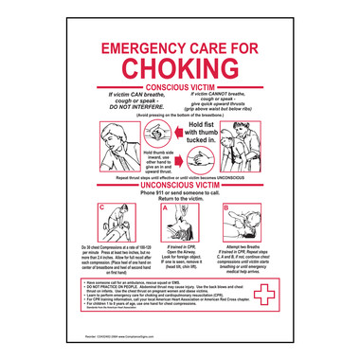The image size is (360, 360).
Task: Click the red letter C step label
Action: click(x=101, y=207)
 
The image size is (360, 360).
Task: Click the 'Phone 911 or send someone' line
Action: click(x=179, y=197)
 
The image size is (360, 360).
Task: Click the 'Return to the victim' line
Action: click(x=179, y=204)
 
